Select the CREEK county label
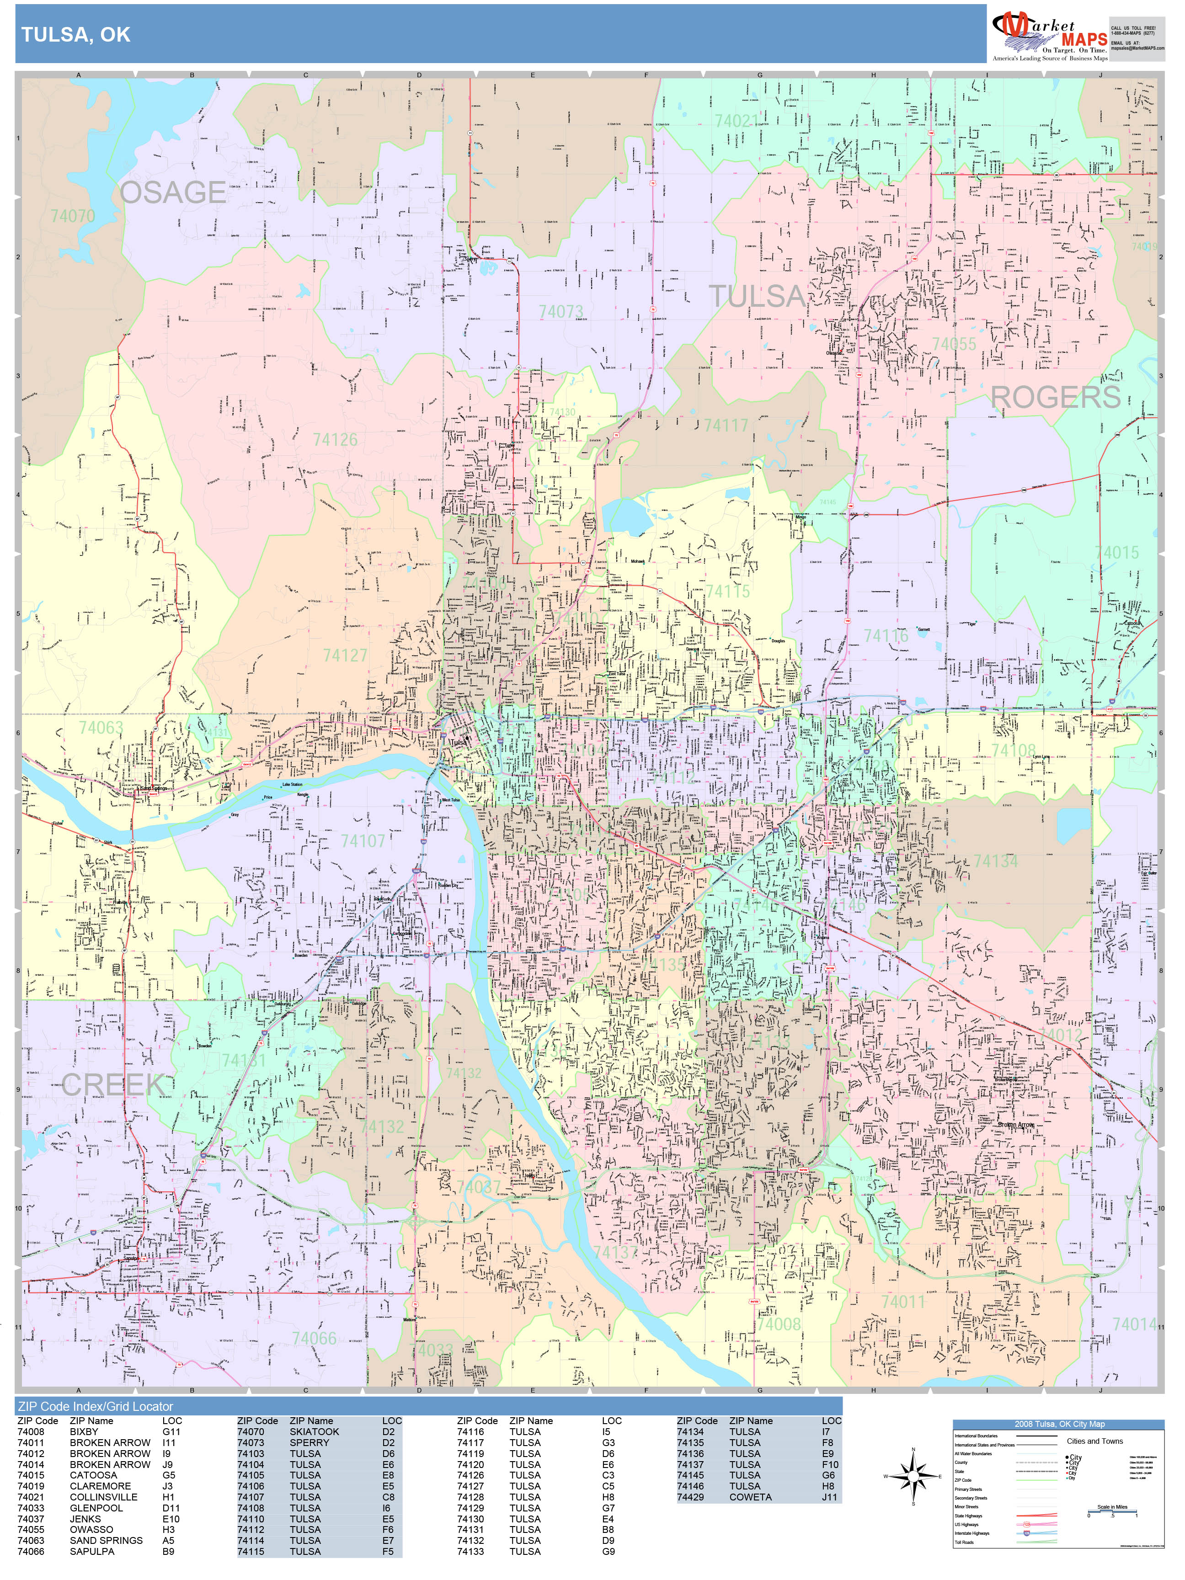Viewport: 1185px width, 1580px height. (113, 1084)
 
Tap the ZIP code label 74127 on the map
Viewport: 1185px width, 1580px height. (345, 655)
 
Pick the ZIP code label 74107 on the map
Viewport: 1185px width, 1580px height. (363, 841)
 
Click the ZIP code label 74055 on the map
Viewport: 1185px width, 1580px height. (954, 344)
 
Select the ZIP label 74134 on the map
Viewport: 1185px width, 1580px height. (995, 861)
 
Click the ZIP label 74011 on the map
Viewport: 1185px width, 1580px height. (903, 1302)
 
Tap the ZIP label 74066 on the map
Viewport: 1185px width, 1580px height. (314, 1338)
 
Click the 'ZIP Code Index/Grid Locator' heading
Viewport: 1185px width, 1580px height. (96, 1406)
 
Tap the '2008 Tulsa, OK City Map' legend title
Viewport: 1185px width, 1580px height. (1058, 1424)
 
